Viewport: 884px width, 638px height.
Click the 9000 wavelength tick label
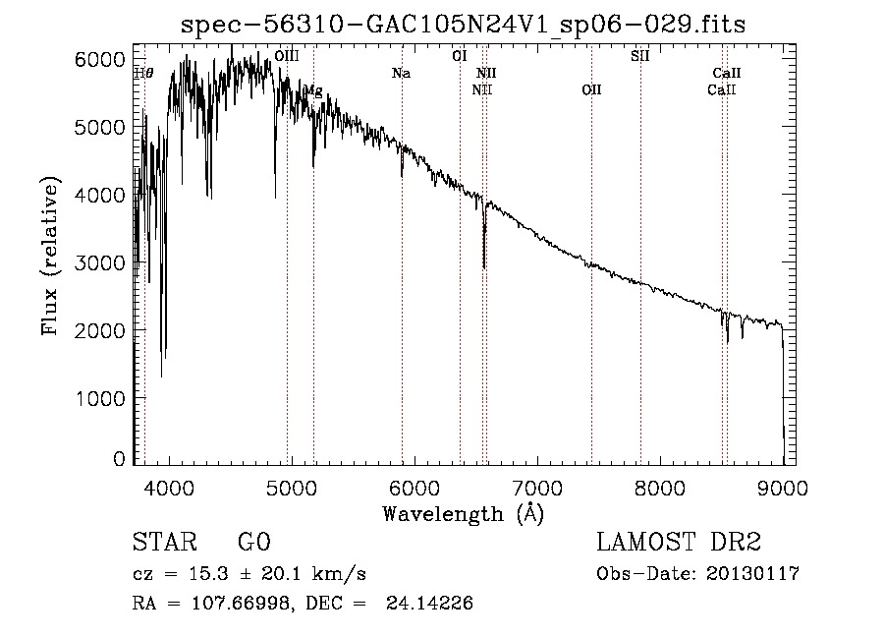point(783,487)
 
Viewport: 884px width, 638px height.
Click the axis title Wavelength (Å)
point(463,513)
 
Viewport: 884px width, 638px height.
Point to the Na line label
point(401,73)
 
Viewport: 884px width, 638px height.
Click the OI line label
point(459,56)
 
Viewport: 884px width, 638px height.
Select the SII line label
point(639,56)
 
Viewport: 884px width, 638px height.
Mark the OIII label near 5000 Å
point(287,57)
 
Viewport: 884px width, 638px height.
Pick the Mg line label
point(312,90)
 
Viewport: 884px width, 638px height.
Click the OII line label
point(590,89)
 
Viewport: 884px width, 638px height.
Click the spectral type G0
point(253,544)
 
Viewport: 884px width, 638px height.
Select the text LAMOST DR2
point(679,544)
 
